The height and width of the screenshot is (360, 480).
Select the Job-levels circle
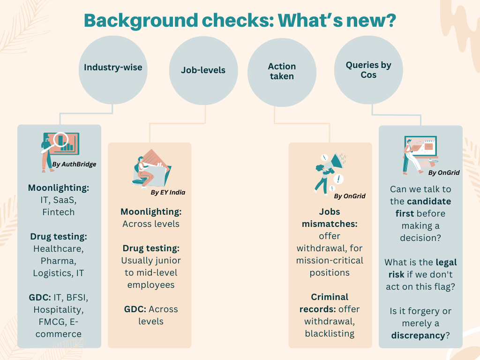[x=203, y=71]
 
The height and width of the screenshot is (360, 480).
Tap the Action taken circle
[x=282, y=71]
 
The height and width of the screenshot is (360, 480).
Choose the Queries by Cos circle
[x=368, y=70]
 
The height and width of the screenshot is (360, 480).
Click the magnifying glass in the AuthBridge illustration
[x=60, y=139]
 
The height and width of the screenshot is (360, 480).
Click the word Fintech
[x=59, y=212]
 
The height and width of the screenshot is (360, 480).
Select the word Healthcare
[x=59, y=248]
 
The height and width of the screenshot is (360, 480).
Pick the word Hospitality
[x=59, y=309]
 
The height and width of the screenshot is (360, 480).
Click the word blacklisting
[x=330, y=333]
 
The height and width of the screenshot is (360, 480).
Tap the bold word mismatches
[x=330, y=224]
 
